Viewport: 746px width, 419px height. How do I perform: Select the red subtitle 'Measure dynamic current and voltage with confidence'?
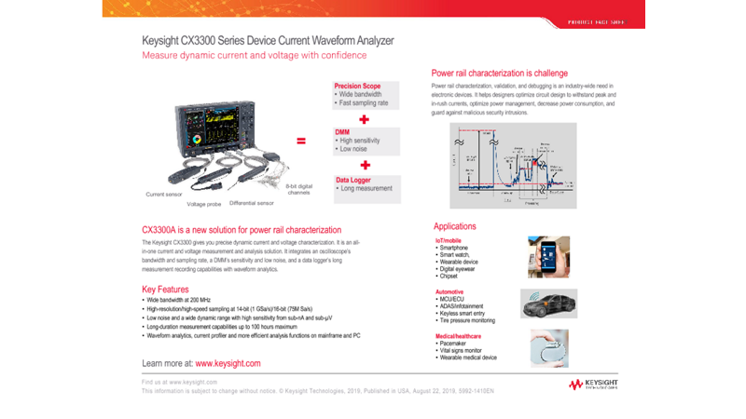tap(254, 56)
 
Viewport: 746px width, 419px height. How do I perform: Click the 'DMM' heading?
tap(342, 132)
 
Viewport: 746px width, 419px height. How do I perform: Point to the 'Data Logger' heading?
tap(355, 180)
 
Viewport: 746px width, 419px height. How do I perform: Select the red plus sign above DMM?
tap(364, 119)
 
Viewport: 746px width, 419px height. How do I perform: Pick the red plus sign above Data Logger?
tap(364, 164)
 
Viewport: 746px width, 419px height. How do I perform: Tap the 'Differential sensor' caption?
tap(252, 202)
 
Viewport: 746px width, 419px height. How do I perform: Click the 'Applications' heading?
tap(455, 226)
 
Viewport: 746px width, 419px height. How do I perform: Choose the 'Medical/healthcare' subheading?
tap(458, 336)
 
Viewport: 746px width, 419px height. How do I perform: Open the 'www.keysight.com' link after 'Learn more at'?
tap(228, 363)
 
